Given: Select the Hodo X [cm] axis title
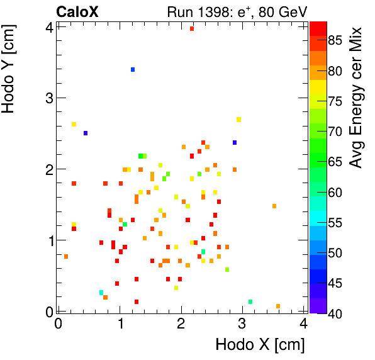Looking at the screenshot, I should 260,344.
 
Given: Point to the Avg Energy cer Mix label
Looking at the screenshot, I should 356,98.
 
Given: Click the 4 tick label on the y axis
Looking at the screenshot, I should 48,26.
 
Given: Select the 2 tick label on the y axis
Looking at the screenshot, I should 48,169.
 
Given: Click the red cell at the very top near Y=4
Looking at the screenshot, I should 192,28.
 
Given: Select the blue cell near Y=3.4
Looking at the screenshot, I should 133,69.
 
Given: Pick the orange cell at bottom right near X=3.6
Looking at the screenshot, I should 278,307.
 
